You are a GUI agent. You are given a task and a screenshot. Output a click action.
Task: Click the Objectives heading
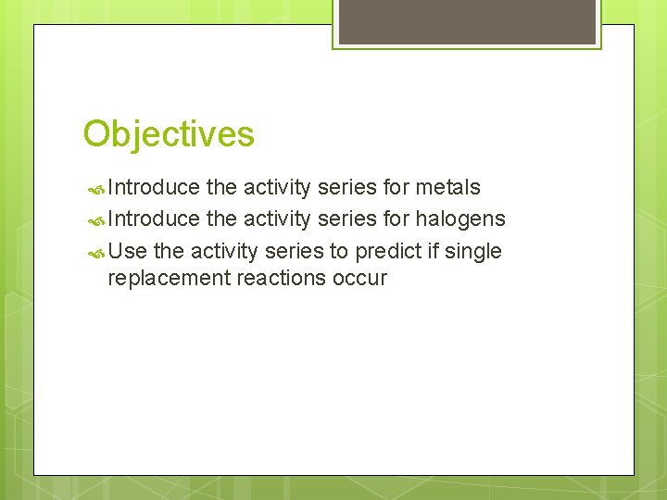tap(168, 134)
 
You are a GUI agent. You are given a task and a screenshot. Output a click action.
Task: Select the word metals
tap(447, 188)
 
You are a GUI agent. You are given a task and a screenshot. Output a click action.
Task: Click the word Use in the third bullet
tap(128, 251)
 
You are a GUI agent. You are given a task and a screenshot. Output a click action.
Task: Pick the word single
tap(472, 251)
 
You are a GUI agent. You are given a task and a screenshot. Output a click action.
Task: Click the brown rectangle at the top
tap(467, 21)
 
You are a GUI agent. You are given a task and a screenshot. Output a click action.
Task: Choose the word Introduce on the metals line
tap(154, 188)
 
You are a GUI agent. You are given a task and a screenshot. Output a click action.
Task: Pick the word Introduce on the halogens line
tap(154, 219)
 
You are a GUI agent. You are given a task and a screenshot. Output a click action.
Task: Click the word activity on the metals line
tap(277, 188)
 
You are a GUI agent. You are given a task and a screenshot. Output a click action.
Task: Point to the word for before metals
tap(395, 188)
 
